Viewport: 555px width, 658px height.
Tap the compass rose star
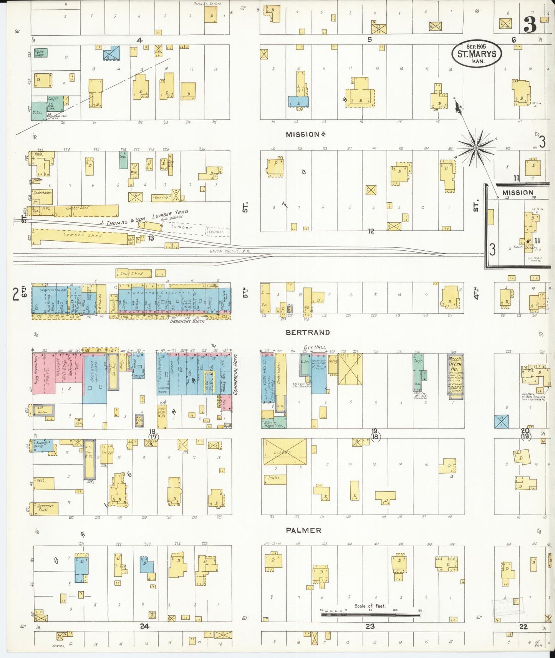[476, 147]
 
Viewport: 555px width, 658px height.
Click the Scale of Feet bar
[370, 614]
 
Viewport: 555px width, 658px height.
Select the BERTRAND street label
[307, 332]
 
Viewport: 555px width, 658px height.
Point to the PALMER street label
[303, 530]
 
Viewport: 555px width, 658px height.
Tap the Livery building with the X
[285, 452]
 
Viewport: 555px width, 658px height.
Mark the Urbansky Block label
[187, 321]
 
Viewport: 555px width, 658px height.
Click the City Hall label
[315, 347]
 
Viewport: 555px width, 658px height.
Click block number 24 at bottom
[144, 626]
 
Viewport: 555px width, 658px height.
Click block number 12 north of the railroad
[370, 231]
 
